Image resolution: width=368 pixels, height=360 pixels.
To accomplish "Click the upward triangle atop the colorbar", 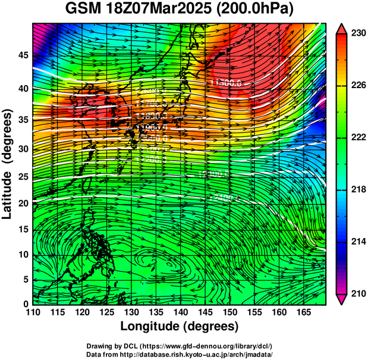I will tap(342, 28).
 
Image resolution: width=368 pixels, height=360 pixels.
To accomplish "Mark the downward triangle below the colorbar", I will tap(342, 299).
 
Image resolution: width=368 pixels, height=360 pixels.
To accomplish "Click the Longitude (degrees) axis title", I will tap(180, 326).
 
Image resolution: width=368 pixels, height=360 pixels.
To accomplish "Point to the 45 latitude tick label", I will tap(22, 55).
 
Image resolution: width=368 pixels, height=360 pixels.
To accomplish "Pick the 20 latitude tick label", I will tap(22, 204).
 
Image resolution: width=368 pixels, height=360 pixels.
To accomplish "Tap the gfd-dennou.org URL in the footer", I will tap(204, 346).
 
